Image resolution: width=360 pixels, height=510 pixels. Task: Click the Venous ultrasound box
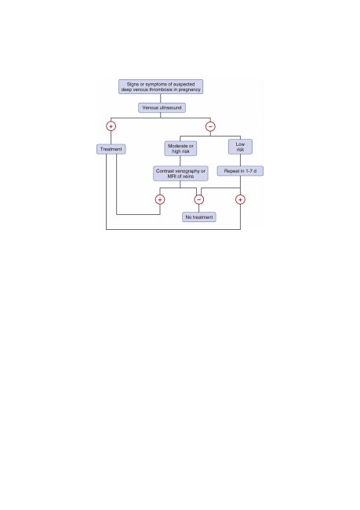pyautogui.click(x=162, y=107)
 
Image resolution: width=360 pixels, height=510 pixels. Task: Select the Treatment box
pyautogui.click(x=111, y=149)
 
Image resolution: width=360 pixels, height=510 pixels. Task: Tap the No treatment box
pyautogui.click(x=199, y=217)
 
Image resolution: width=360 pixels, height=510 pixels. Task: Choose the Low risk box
pyautogui.click(x=240, y=147)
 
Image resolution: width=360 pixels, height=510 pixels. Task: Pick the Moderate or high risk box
pyautogui.click(x=180, y=148)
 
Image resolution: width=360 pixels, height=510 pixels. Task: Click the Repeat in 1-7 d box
pyautogui.click(x=240, y=171)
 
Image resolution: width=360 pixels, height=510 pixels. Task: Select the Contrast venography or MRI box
pyautogui.click(x=180, y=173)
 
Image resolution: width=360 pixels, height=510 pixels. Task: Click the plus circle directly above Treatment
pyautogui.click(x=111, y=126)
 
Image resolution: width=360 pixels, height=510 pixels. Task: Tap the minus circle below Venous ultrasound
pyautogui.click(x=210, y=126)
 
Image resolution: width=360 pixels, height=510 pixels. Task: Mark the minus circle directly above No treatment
pyautogui.click(x=199, y=199)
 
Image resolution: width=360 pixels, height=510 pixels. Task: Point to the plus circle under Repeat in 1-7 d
pyautogui.click(x=240, y=199)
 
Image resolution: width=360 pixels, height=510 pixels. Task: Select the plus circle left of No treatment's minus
pyautogui.click(x=160, y=199)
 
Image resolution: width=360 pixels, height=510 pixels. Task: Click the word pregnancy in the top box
pyautogui.click(x=189, y=89)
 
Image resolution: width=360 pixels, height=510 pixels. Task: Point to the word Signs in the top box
pyautogui.click(x=133, y=84)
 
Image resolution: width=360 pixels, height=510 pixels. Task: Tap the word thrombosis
pyautogui.click(x=161, y=89)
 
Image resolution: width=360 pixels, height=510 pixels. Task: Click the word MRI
pyautogui.click(x=172, y=176)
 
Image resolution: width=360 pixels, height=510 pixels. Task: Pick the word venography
pyautogui.click(x=187, y=171)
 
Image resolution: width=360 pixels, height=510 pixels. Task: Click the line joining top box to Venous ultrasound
pyautogui.click(x=160, y=99)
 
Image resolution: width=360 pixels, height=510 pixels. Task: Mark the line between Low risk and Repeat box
pyautogui.click(x=240, y=160)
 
